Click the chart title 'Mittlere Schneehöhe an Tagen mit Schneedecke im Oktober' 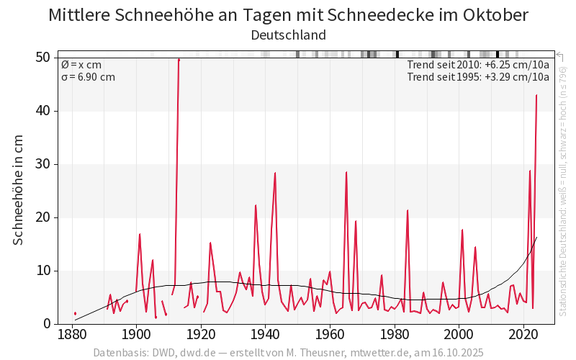pos(288,15)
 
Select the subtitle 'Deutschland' pos(288,35)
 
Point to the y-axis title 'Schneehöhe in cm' pos(19,189)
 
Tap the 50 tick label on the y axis pos(45,58)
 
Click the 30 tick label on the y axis pos(45,164)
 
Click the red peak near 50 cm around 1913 pos(179,60)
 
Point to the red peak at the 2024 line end pos(536,96)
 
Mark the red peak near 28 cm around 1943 pos(275,173)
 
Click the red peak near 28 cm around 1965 pos(346,172)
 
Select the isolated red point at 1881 pos(75,313)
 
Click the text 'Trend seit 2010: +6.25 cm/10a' pos(478,65)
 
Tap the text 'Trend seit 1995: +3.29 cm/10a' pos(478,77)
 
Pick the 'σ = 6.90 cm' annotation pos(88,77)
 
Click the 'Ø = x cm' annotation pos(81,65)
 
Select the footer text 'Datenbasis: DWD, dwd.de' pos(153,353)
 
